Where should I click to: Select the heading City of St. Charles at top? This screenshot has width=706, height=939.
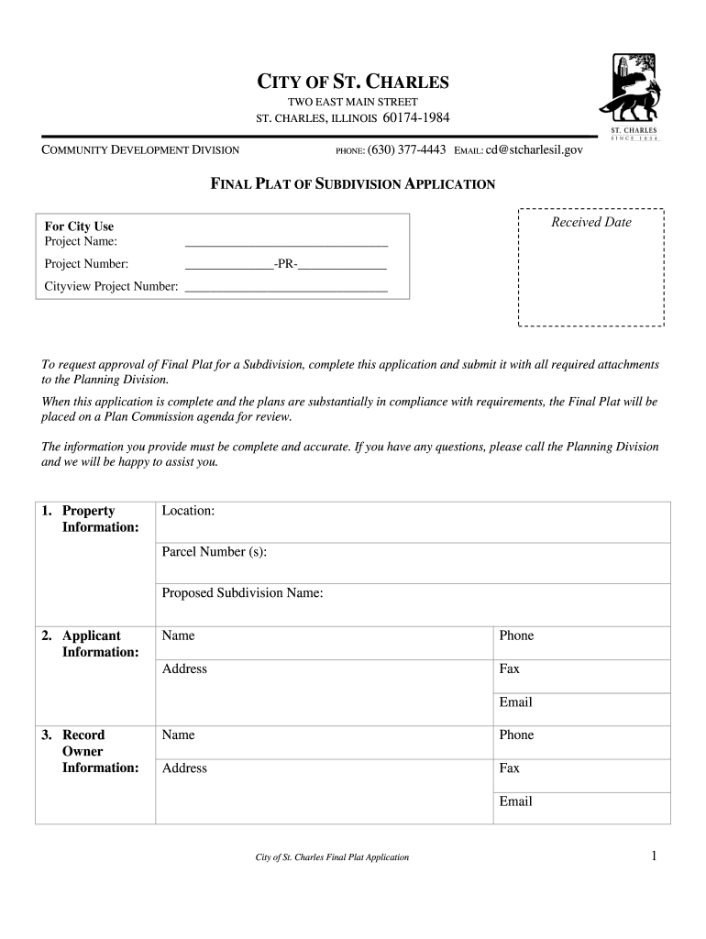pos(352,83)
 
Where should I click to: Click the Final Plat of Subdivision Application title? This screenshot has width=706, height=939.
pos(353,183)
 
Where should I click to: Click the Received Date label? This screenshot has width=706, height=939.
pos(590,222)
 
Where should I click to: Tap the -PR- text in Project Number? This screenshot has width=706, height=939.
pos(285,264)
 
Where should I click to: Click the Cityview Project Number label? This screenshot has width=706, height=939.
pos(111,286)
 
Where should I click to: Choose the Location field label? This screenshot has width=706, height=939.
pos(188,511)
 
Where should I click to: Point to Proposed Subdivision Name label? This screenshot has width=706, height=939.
pos(242,593)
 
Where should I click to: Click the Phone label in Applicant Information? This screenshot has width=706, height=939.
pos(516,635)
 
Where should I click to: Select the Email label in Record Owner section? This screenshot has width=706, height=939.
pos(515,801)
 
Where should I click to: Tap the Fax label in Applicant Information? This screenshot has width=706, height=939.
pos(509,668)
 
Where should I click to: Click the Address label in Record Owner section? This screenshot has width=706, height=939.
pos(184,768)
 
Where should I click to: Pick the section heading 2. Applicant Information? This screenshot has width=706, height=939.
pos(92,644)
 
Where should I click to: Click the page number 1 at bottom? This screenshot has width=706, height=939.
pos(655,856)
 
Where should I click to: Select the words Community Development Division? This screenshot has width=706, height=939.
pos(140,149)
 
